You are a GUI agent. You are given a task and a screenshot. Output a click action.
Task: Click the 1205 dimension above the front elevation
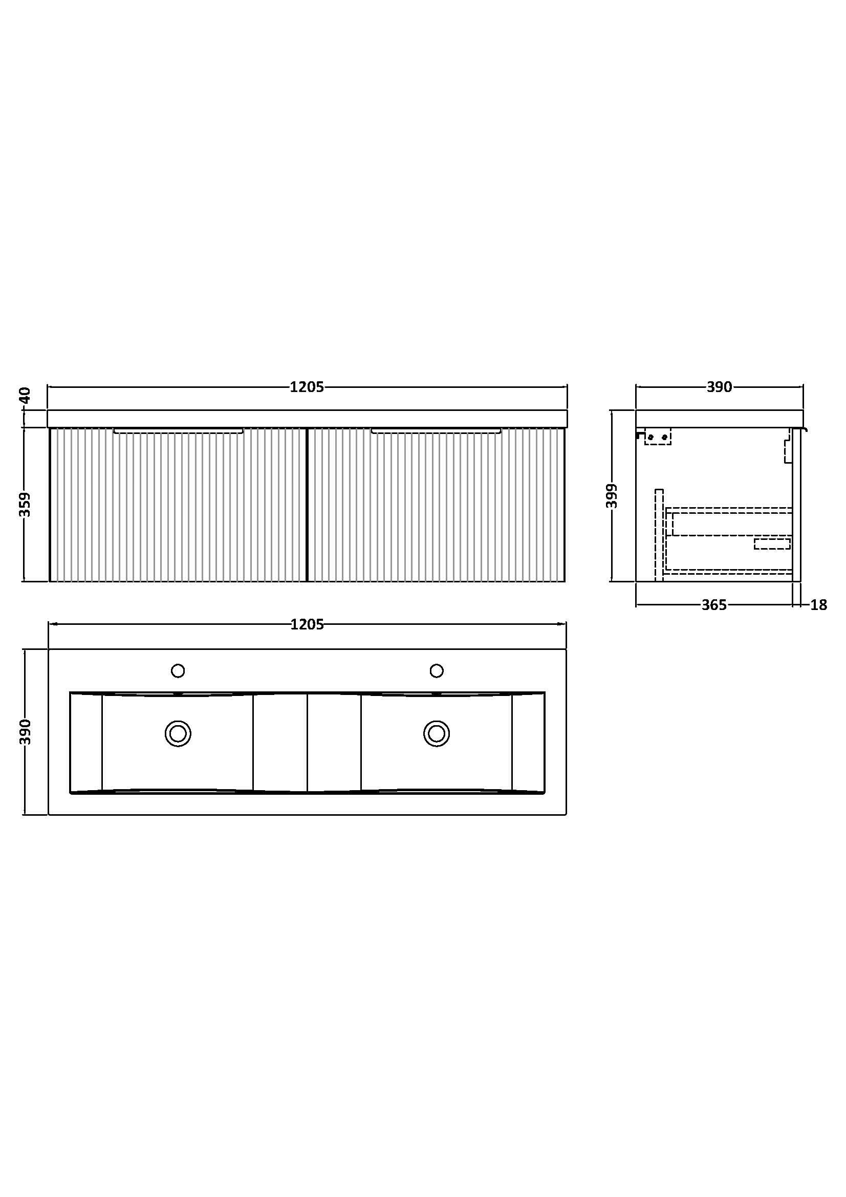(307, 387)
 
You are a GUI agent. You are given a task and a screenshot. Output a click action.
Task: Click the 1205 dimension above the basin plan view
(307, 624)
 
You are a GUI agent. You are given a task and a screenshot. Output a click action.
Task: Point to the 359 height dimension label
(25, 504)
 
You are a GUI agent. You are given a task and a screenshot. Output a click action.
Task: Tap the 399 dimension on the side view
(612, 496)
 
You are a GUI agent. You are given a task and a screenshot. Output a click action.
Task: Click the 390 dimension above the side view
(720, 387)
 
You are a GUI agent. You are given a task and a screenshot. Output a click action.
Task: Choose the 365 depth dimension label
(713, 605)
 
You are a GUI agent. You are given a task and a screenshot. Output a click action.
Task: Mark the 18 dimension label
(819, 605)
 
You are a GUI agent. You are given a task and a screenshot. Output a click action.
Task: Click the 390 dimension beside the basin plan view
(25, 731)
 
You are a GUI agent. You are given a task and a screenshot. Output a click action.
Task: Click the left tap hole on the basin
(178, 670)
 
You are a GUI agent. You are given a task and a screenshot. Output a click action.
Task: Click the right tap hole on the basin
(436, 670)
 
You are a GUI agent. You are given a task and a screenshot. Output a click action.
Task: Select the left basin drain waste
(178, 733)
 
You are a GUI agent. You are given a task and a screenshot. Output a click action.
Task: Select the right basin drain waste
(436, 733)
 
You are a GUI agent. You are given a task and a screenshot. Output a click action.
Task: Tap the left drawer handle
(178, 431)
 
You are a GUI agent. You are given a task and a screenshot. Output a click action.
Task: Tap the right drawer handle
(436, 431)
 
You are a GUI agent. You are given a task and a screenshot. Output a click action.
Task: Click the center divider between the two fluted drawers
(307, 504)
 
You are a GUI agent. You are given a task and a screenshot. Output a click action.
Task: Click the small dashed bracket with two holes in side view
(658, 437)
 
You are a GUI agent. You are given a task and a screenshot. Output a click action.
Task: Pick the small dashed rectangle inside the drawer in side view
(772, 544)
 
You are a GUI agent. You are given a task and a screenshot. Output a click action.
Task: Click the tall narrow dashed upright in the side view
(659, 534)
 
